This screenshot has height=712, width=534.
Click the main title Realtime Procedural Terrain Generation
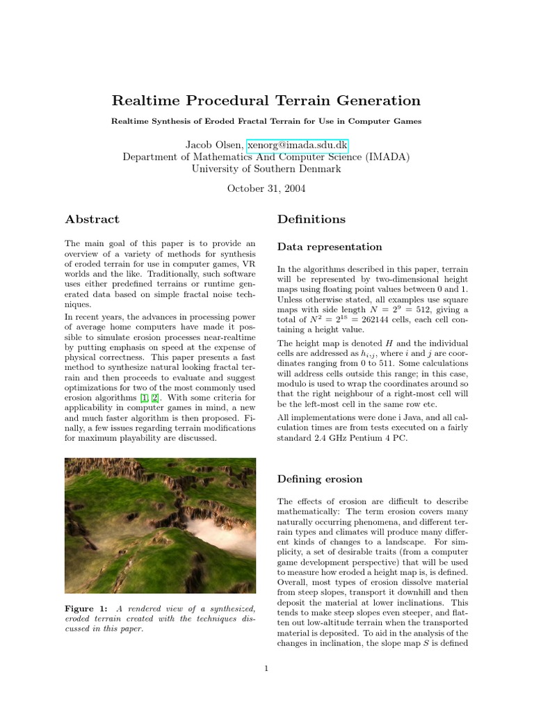coord(266,101)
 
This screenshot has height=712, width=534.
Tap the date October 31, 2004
coord(266,188)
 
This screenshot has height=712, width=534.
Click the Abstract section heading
coord(92,219)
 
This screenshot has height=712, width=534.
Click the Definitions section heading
coord(311,219)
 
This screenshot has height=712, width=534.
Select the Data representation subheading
coord(330,247)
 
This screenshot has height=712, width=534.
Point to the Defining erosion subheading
coord(319,478)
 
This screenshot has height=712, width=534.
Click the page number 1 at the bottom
coord(266,669)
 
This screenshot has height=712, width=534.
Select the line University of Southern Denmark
coord(266,169)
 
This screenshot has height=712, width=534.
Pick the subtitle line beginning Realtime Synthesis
coord(266,121)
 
